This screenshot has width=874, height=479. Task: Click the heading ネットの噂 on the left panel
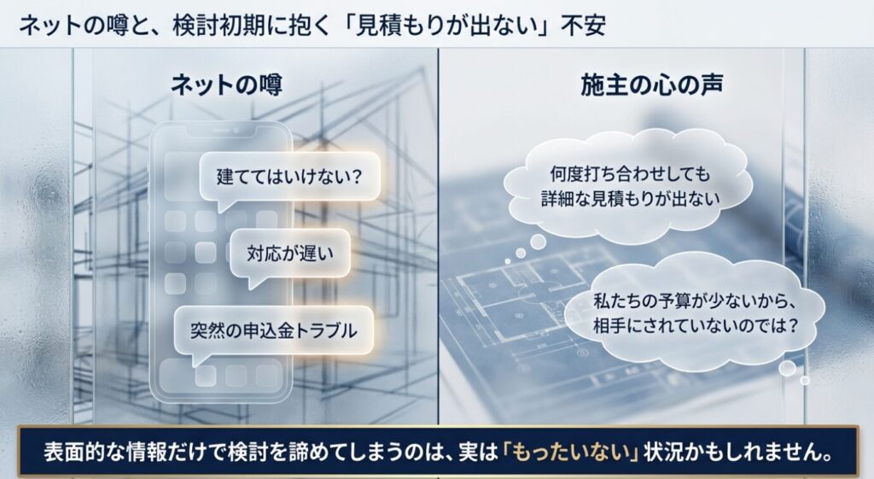[226, 85]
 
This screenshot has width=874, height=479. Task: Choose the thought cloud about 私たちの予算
[696, 313]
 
